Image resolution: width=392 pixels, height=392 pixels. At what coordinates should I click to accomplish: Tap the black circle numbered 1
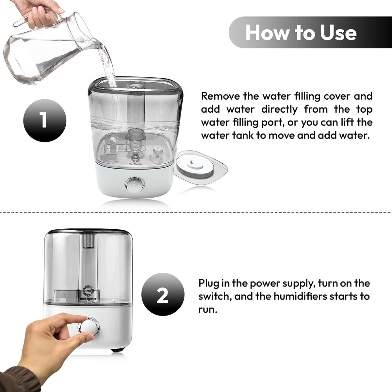click(45, 121)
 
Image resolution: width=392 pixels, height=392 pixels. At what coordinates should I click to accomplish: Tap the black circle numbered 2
click(163, 294)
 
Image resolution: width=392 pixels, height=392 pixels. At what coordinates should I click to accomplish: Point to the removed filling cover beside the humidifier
click(201, 168)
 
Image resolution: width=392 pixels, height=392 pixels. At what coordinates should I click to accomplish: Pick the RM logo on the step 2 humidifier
click(89, 291)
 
